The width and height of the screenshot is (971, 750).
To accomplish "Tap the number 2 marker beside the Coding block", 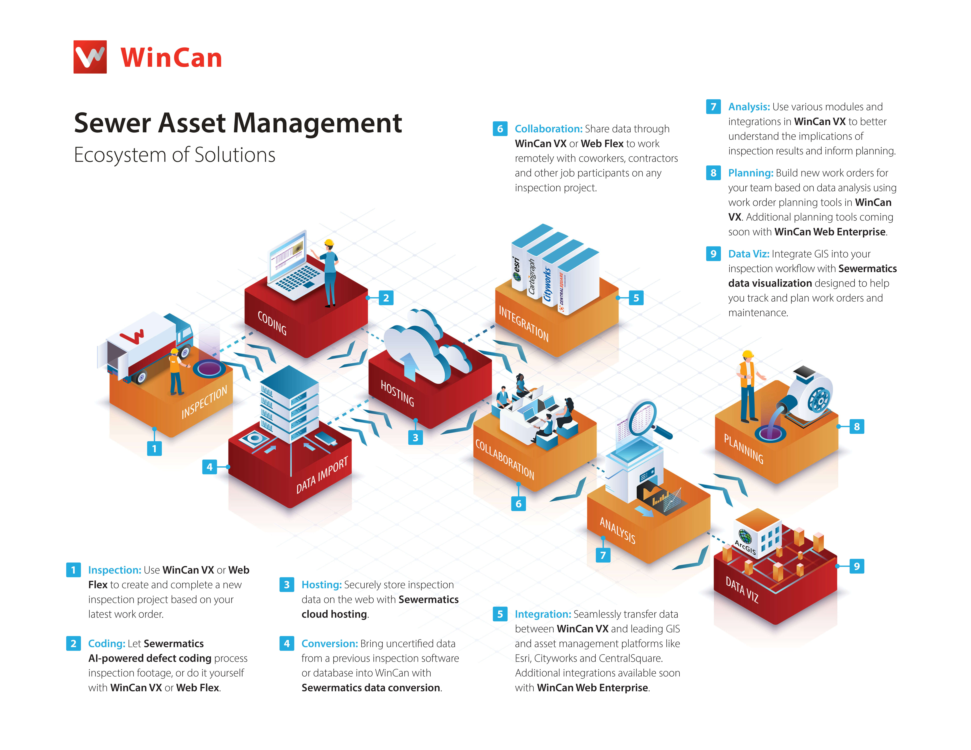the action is coord(386,298).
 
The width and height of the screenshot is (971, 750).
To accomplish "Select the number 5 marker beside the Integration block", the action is coord(636,298).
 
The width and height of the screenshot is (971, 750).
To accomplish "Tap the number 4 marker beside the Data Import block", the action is coord(209,467).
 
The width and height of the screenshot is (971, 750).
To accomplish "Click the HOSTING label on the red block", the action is coord(397,393).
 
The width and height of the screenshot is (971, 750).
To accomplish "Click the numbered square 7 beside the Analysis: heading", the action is coord(714,107).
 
